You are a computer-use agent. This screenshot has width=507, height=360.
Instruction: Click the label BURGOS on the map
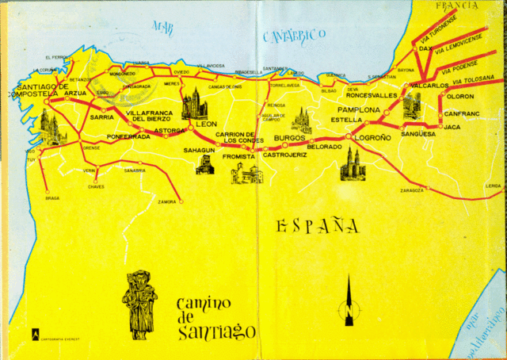(x=289, y=138)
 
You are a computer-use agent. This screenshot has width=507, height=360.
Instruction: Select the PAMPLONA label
(x=359, y=109)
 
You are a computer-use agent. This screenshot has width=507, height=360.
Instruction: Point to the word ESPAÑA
(x=317, y=228)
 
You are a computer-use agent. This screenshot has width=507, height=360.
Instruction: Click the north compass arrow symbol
(x=347, y=301)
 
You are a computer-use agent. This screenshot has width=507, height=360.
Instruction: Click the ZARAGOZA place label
(x=411, y=190)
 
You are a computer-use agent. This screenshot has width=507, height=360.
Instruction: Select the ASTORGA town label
(x=170, y=129)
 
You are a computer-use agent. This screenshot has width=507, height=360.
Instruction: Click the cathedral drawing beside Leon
(x=194, y=103)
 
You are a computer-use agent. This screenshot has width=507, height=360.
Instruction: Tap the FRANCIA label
(x=459, y=6)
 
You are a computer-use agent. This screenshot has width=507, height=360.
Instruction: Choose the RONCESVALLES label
(x=372, y=95)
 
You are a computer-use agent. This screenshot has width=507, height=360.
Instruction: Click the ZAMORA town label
(x=167, y=202)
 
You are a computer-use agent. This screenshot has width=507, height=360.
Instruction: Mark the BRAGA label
(x=52, y=198)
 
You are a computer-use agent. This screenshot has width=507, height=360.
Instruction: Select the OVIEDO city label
(x=181, y=72)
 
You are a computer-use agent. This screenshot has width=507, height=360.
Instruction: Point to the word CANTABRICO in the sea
(x=294, y=35)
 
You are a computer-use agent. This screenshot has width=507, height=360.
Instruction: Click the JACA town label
(x=452, y=127)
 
